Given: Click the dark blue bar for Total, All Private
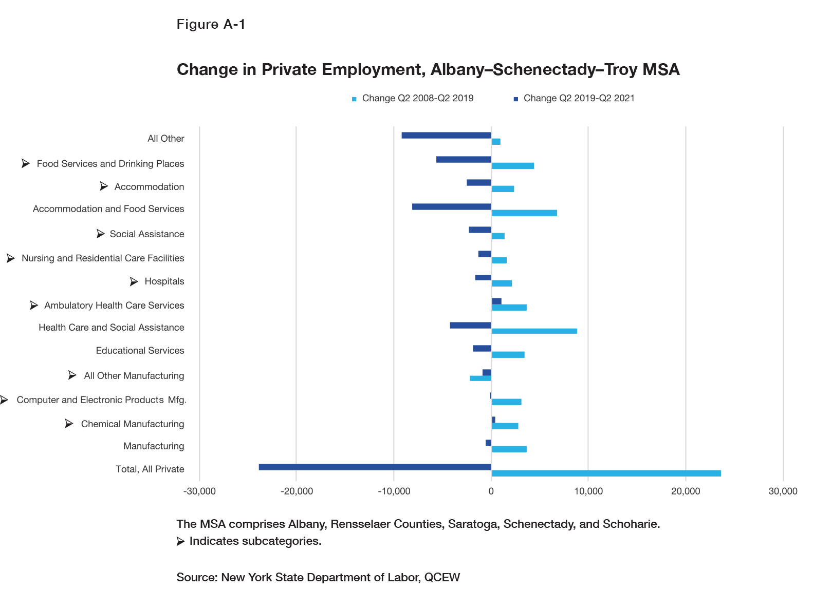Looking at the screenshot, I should click(x=375, y=467).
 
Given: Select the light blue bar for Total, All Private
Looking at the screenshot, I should click(x=606, y=473).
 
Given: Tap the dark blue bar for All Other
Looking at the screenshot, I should click(x=446, y=135).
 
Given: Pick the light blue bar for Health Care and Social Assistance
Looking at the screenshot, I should click(x=534, y=331).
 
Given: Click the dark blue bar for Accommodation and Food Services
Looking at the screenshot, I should click(x=451, y=206).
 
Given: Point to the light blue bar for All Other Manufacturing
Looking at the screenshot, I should click(x=481, y=378).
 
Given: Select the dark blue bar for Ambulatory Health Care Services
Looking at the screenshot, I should click(x=496, y=301).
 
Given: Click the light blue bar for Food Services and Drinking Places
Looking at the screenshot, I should click(x=512, y=166).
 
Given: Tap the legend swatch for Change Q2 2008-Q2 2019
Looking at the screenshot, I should click(x=354, y=99).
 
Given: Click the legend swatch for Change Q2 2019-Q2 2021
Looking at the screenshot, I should click(x=515, y=99).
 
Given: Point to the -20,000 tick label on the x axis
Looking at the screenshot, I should click(x=297, y=491).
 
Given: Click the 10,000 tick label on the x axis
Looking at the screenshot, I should click(x=588, y=491).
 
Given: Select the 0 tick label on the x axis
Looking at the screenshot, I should click(x=491, y=491).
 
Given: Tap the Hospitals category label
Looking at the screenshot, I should click(x=164, y=281).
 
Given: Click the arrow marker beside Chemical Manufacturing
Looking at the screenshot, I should click(x=69, y=424).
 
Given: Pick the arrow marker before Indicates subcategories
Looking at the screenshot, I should click(x=180, y=541).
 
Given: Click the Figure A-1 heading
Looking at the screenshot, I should click(x=211, y=24).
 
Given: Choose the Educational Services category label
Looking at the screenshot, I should click(x=140, y=351).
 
